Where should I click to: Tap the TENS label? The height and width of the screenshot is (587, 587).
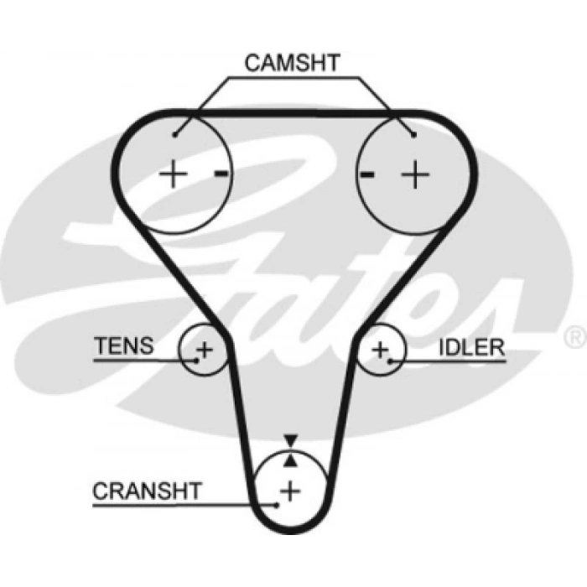point(124,345)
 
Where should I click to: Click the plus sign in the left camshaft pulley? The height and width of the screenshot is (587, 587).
point(174,174)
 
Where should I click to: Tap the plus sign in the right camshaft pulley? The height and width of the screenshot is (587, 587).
point(414,174)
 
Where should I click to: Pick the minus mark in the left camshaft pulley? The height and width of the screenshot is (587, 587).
point(221,174)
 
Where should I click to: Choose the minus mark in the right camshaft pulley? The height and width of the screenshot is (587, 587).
point(366,174)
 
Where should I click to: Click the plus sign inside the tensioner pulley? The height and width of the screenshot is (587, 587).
point(205,348)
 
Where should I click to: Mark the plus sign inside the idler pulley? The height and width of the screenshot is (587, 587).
point(380,348)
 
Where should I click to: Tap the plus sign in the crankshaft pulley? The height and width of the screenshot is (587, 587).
point(290,490)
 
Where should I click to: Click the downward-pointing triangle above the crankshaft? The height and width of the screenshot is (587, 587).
point(290,439)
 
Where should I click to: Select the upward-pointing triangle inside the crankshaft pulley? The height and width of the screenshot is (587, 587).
point(290,459)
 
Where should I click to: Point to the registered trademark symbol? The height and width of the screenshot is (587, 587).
point(575,336)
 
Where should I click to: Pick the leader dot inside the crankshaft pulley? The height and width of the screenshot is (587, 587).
point(276,505)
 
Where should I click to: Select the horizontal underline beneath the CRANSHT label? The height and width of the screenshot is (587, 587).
point(184,505)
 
